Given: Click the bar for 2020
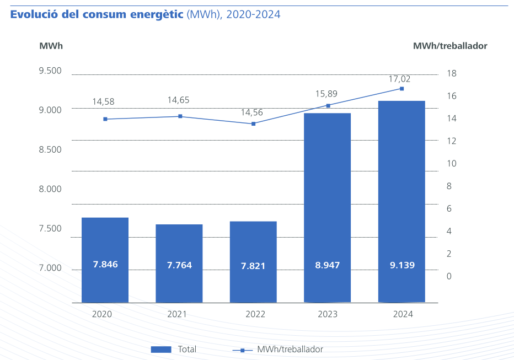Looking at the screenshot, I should tap(105, 260).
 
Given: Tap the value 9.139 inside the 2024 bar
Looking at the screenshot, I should tap(401, 265).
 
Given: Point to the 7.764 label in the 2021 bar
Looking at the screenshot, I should tap(179, 265).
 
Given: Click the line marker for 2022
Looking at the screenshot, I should tap(254, 124).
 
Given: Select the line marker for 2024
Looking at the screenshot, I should tap(401, 89).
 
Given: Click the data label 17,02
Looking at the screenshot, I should tap(399, 79).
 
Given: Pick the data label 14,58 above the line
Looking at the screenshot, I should tap(103, 101).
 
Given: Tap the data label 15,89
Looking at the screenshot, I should tap(326, 94).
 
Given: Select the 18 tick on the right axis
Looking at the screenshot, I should tap(452, 73).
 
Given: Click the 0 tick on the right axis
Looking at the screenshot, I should tap(449, 276).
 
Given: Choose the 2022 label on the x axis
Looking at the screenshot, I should tap(255, 314).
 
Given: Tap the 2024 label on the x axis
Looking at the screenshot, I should tap(403, 314).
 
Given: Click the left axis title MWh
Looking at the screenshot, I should tap(51, 46).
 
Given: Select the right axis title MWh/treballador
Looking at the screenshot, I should tap(450, 46).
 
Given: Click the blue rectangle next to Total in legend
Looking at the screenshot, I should tap(161, 350).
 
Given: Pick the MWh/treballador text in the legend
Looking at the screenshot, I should tap(290, 350).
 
